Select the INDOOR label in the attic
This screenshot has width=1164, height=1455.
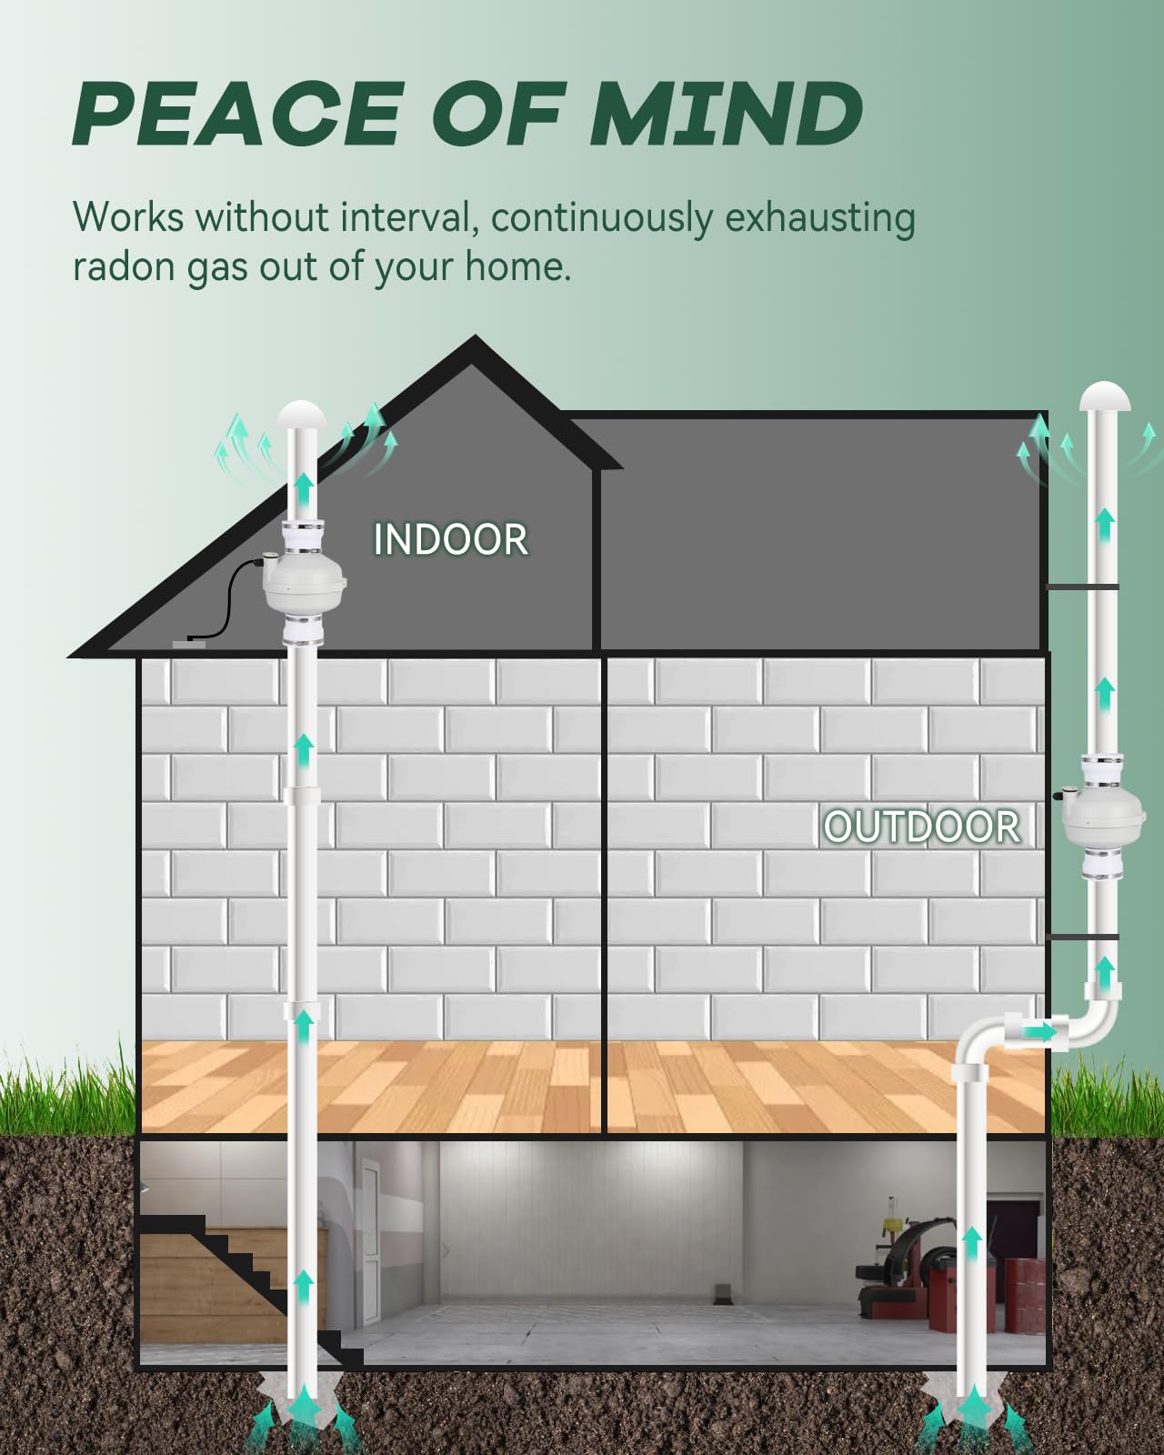click(x=450, y=539)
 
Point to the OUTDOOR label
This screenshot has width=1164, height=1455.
click(x=921, y=827)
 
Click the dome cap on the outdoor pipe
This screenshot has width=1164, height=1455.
click(x=1105, y=397)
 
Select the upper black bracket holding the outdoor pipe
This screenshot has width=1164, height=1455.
click(x=1082, y=587)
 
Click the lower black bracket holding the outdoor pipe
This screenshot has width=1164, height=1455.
click(x=1082, y=936)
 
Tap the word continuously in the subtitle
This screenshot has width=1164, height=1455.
click(x=602, y=218)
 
